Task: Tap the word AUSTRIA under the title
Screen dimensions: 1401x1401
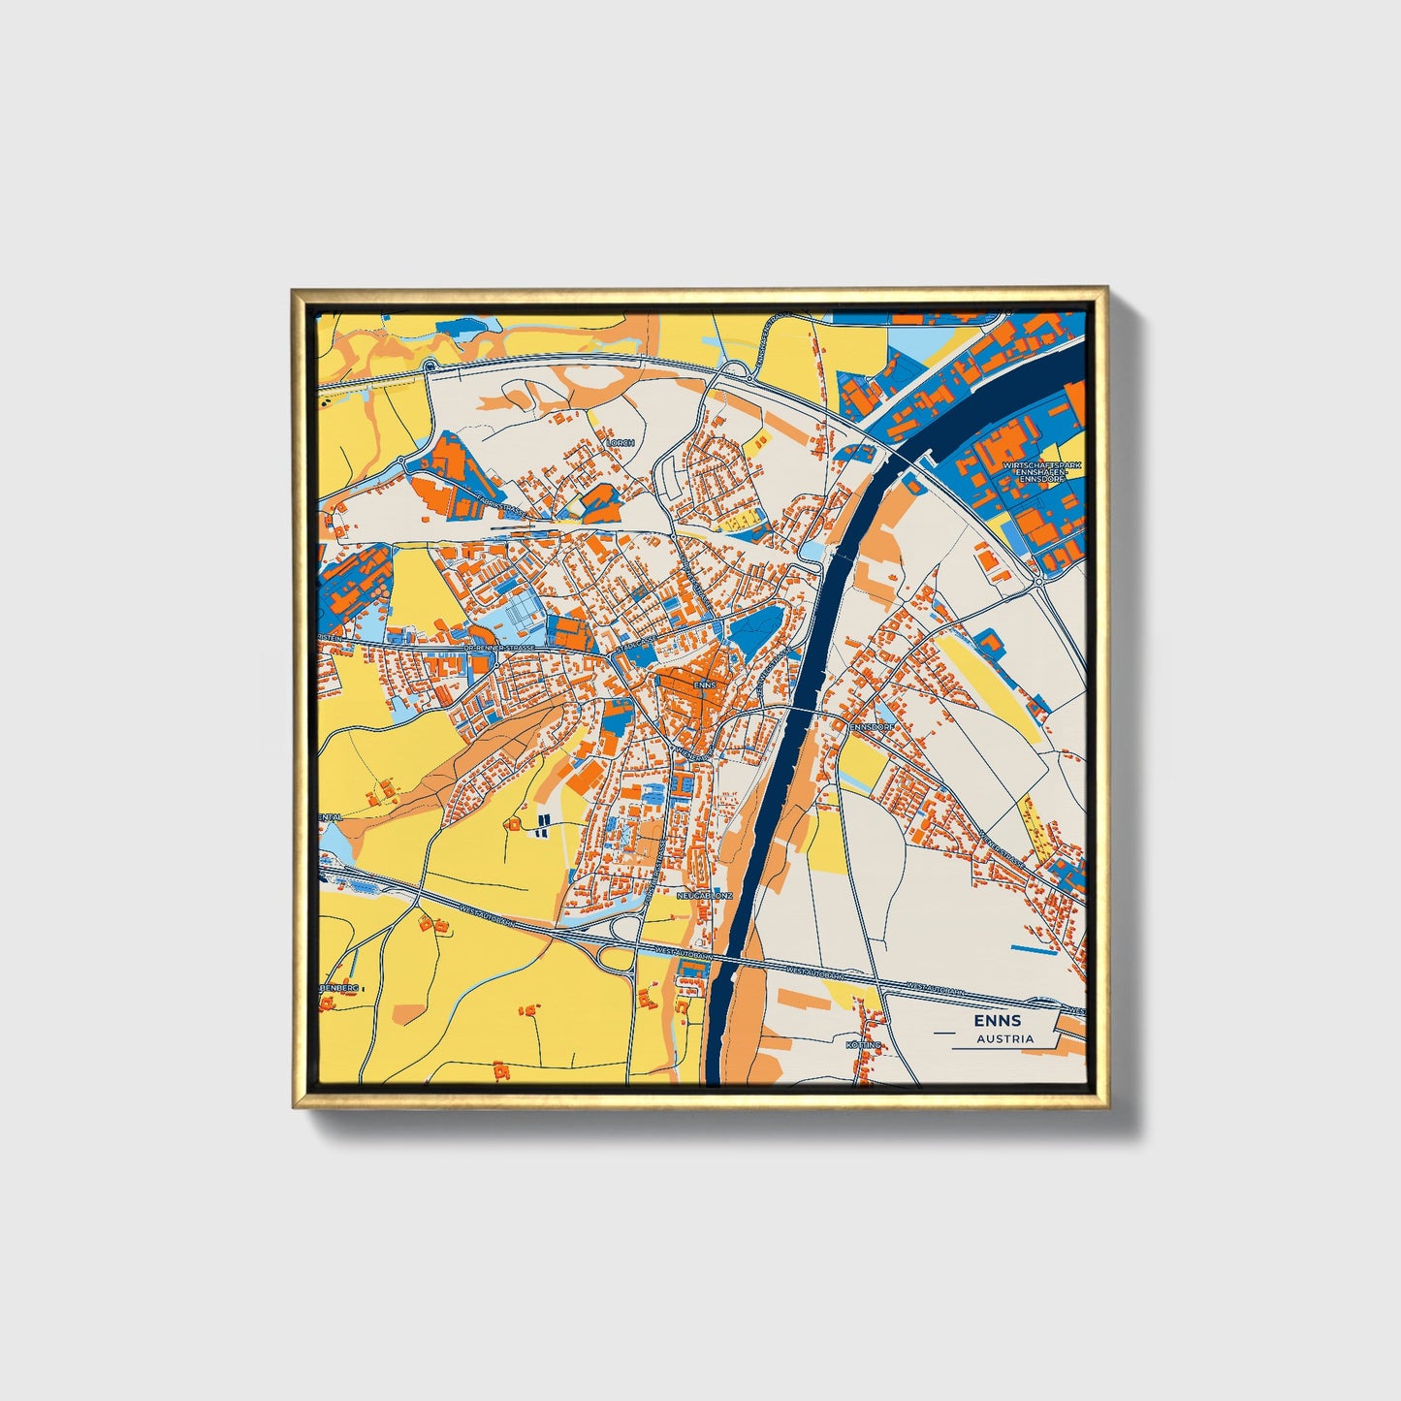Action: tap(1004, 1038)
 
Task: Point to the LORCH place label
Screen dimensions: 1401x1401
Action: tap(620, 442)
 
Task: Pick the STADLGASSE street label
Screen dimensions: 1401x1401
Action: tap(635, 643)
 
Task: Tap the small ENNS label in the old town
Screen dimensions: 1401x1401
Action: tap(705, 685)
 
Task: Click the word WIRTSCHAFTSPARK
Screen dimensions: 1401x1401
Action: tap(1042, 466)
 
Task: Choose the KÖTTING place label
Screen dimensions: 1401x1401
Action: tap(863, 1045)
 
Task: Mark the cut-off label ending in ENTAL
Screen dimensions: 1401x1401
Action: tap(330, 816)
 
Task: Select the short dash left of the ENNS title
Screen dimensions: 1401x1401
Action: tap(944, 1034)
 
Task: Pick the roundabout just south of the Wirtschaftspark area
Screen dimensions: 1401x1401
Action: tap(1038, 583)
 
